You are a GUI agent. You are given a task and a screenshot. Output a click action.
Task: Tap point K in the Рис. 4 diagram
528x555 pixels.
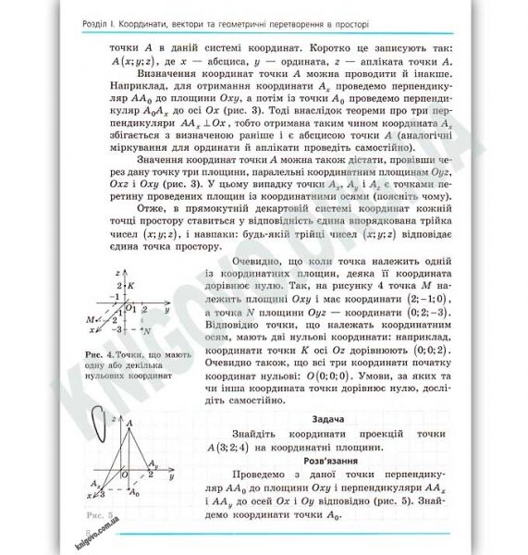tap(131, 285)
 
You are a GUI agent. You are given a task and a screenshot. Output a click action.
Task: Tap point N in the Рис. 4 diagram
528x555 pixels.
tap(146, 329)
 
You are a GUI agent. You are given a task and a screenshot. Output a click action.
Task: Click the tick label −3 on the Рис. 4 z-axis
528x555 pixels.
tap(117, 328)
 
